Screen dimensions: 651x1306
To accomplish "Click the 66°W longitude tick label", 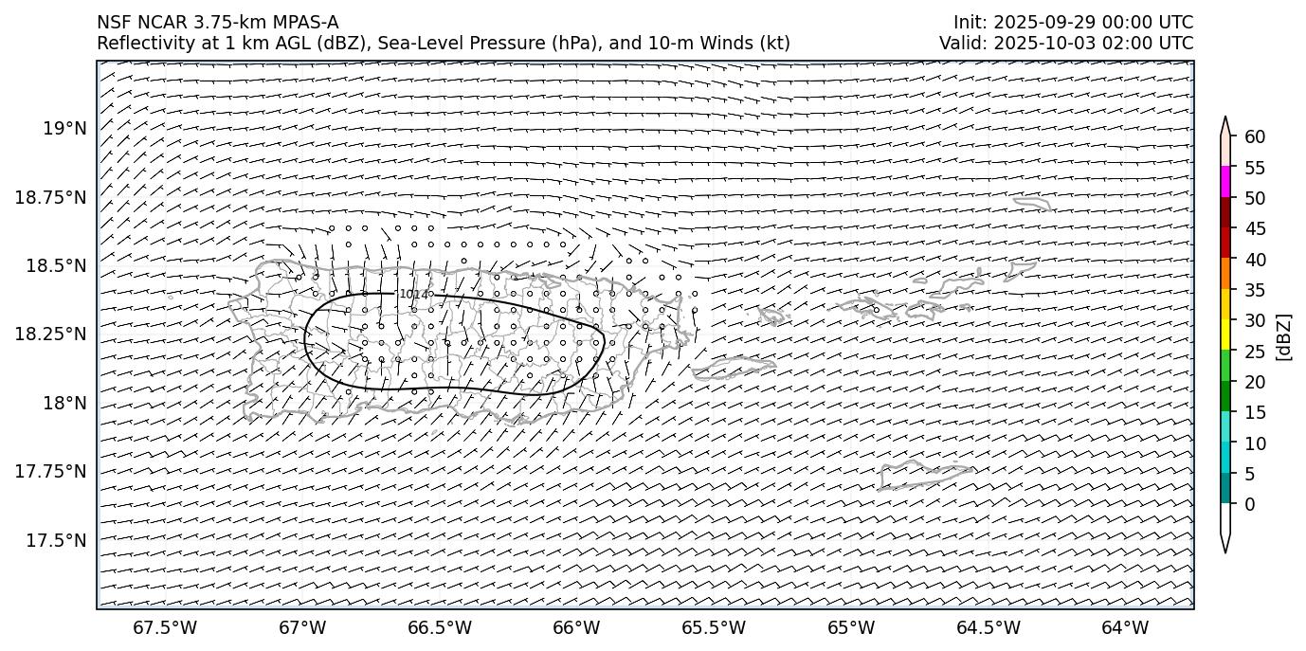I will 576,627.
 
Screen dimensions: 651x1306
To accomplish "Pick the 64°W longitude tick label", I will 1125,627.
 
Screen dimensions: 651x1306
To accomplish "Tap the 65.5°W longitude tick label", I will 714,627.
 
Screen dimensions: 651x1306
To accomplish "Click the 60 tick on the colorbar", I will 1255,136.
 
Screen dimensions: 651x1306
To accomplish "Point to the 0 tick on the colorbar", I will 1249,504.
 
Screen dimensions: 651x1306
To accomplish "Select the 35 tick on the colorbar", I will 1255,290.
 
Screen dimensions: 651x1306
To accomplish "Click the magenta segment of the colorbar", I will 1225,182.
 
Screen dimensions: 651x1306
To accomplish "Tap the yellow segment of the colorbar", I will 1225,335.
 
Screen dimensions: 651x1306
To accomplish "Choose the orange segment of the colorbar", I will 1225,274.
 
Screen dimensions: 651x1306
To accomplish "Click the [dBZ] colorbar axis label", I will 1284,336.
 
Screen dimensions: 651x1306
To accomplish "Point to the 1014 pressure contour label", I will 413,295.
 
